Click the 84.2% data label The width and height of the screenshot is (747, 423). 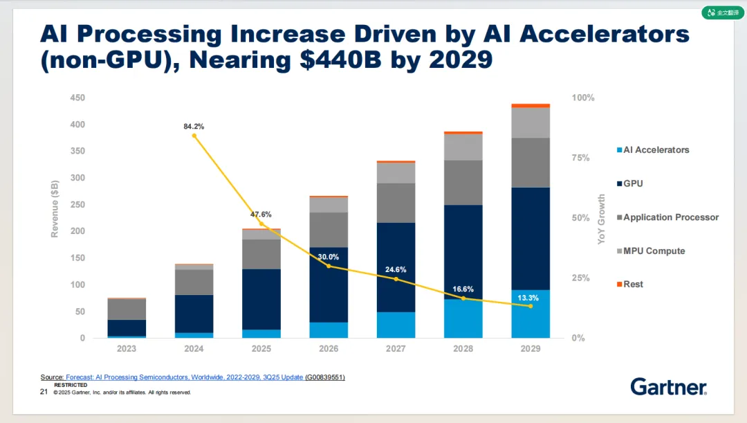click(x=194, y=127)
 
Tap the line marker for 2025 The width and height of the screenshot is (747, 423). click(x=261, y=224)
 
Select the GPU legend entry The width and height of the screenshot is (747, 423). click(x=633, y=183)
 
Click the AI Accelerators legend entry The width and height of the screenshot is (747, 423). click(x=656, y=150)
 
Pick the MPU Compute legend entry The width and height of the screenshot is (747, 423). click(x=654, y=251)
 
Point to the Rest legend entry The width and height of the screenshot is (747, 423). click(x=633, y=284)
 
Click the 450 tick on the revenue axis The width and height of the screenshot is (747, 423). click(x=77, y=98)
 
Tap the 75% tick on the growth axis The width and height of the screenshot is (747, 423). click(x=581, y=158)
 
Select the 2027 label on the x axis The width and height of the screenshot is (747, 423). click(x=396, y=349)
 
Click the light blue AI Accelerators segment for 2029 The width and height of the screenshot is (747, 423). click(x=531, y=314)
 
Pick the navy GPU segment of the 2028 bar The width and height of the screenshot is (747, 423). click(x=463, y=252)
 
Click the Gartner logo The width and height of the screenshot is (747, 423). click(x=668, y=386)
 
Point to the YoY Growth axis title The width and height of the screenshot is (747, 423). click(x=602, y=219)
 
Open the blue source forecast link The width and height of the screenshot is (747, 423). click(x=184, y=377)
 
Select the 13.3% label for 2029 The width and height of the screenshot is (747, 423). click(x=528, y=298)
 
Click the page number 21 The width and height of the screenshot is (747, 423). click(x=44, y=392)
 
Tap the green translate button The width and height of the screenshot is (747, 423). click(x=723, y=12)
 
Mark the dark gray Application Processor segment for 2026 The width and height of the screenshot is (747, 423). click(x=329, y=230)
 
